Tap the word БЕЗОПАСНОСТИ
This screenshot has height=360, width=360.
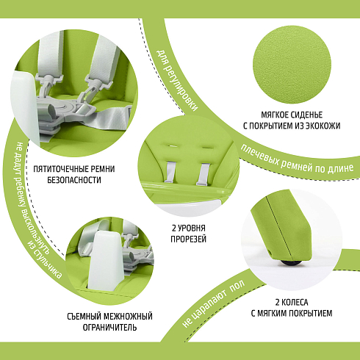click(x=74, y=180)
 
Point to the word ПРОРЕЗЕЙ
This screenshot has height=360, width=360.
click(x=188, y=239)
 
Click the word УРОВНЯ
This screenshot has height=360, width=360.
click(x=192, y=228)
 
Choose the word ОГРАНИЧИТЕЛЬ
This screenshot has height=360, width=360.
click(x=109, y=328)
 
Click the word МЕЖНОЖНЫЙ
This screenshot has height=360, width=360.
click(x=128, y=317)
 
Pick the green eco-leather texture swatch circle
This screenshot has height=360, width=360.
click(x=292, y=64)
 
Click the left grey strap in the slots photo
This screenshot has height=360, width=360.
click(x=170, y=172)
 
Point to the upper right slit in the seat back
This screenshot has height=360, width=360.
click(x=207, y=148)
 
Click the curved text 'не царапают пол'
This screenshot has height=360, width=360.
click(x=214, y=304)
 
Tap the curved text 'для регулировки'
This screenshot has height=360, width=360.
click(x=177, y=80)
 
